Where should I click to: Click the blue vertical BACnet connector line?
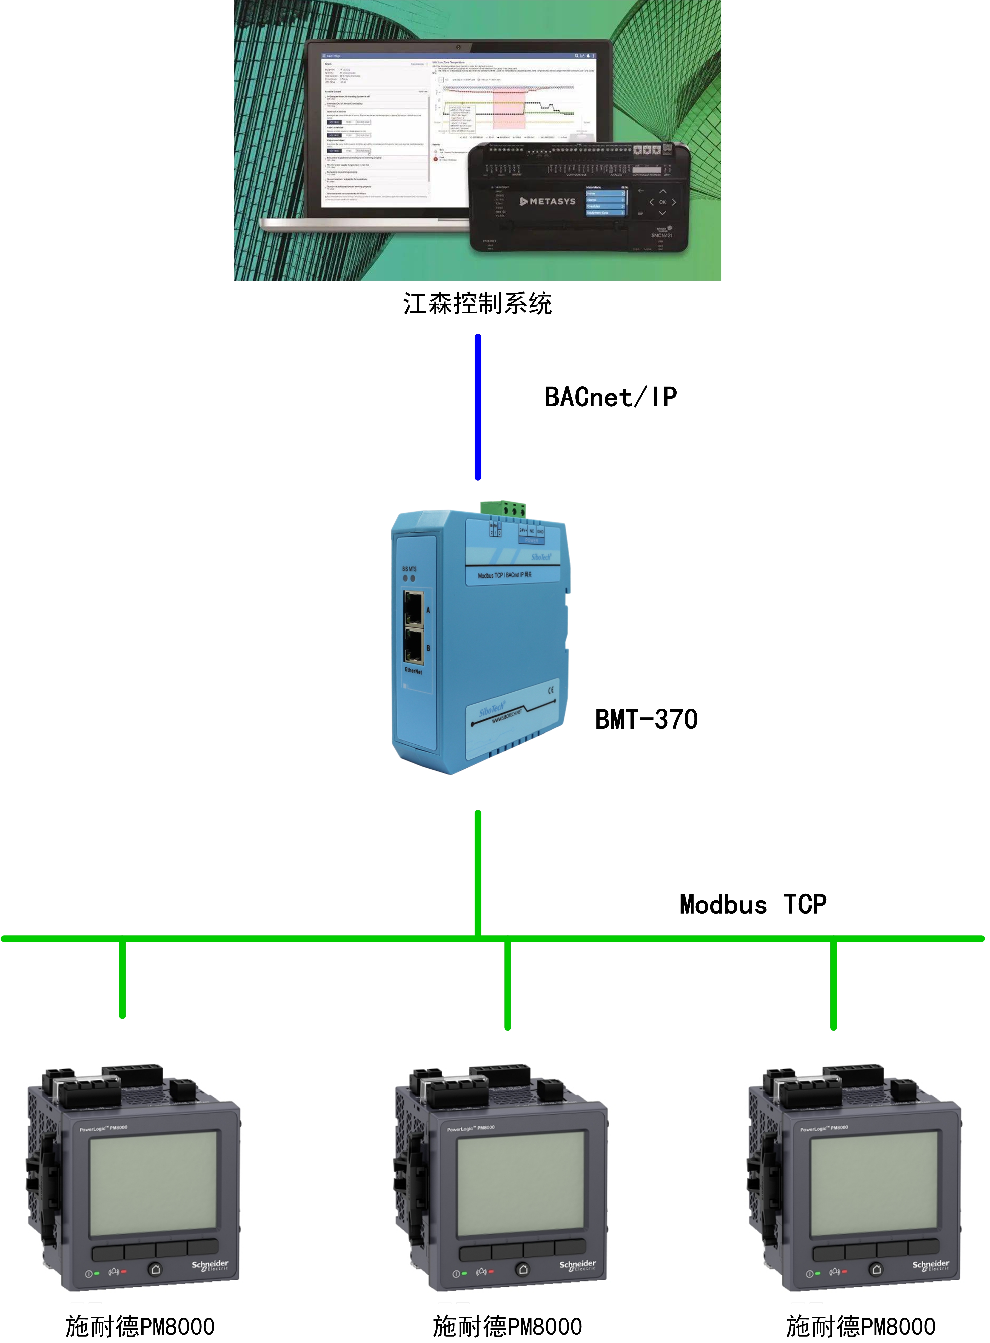pos(478,407)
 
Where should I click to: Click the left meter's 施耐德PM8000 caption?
pos(140,1326)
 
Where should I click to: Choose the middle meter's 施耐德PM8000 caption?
pos(507,1326)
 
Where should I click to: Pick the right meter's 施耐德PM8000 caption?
pos(860,1326)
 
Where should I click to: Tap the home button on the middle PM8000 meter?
pos(523,1269)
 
